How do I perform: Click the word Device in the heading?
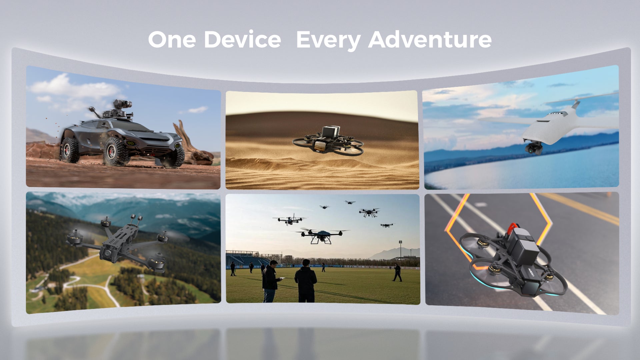point(242,39)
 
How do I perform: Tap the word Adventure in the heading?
point(430,39)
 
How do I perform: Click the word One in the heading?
point(172,39)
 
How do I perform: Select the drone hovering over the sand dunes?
point(328,141)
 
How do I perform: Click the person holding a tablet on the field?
point(270,281)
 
